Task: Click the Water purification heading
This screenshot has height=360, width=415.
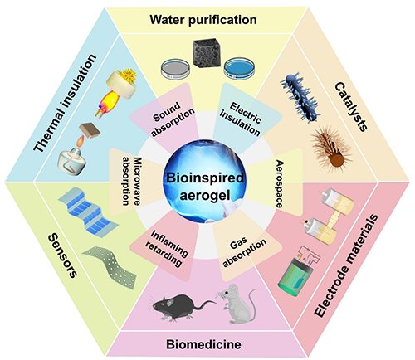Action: pos(203,20)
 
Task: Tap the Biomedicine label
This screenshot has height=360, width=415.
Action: pos(203,344)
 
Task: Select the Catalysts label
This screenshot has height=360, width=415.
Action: pos(351,106)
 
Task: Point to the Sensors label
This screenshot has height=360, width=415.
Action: pos(62,255)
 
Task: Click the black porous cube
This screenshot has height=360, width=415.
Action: pos(207,52)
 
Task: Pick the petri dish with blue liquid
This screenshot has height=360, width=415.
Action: pos(239,68)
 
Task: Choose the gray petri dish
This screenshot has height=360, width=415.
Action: pos(176,68)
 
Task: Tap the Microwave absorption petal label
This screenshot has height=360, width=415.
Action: pos(133,181)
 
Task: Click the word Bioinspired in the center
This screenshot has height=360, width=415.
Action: pos(205,178)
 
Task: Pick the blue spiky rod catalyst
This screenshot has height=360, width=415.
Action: pos(300,97)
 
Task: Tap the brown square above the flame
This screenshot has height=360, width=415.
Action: pos(90,131)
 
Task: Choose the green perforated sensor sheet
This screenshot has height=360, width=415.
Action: pos(111,265)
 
